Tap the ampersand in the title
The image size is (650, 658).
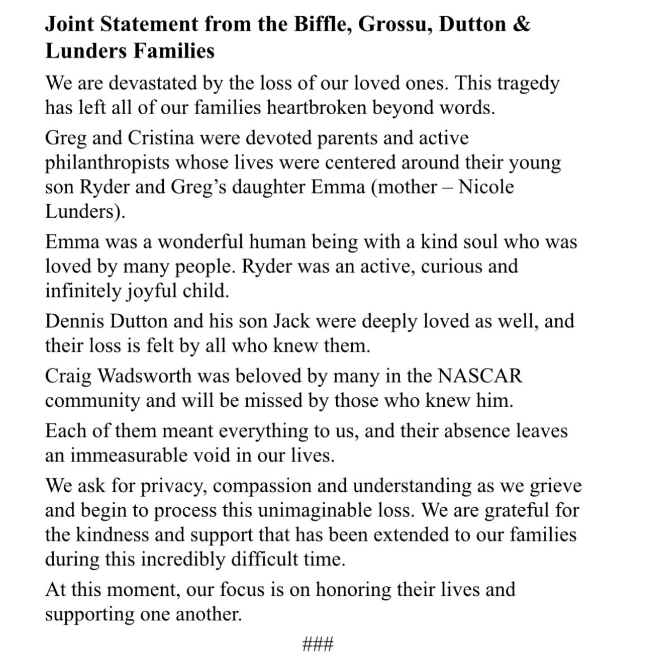(x=522, y=25)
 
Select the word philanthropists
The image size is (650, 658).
(x=107, y=163)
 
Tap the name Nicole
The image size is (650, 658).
(x=486, y=187)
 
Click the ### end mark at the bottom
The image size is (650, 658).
(x=318, y=644)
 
